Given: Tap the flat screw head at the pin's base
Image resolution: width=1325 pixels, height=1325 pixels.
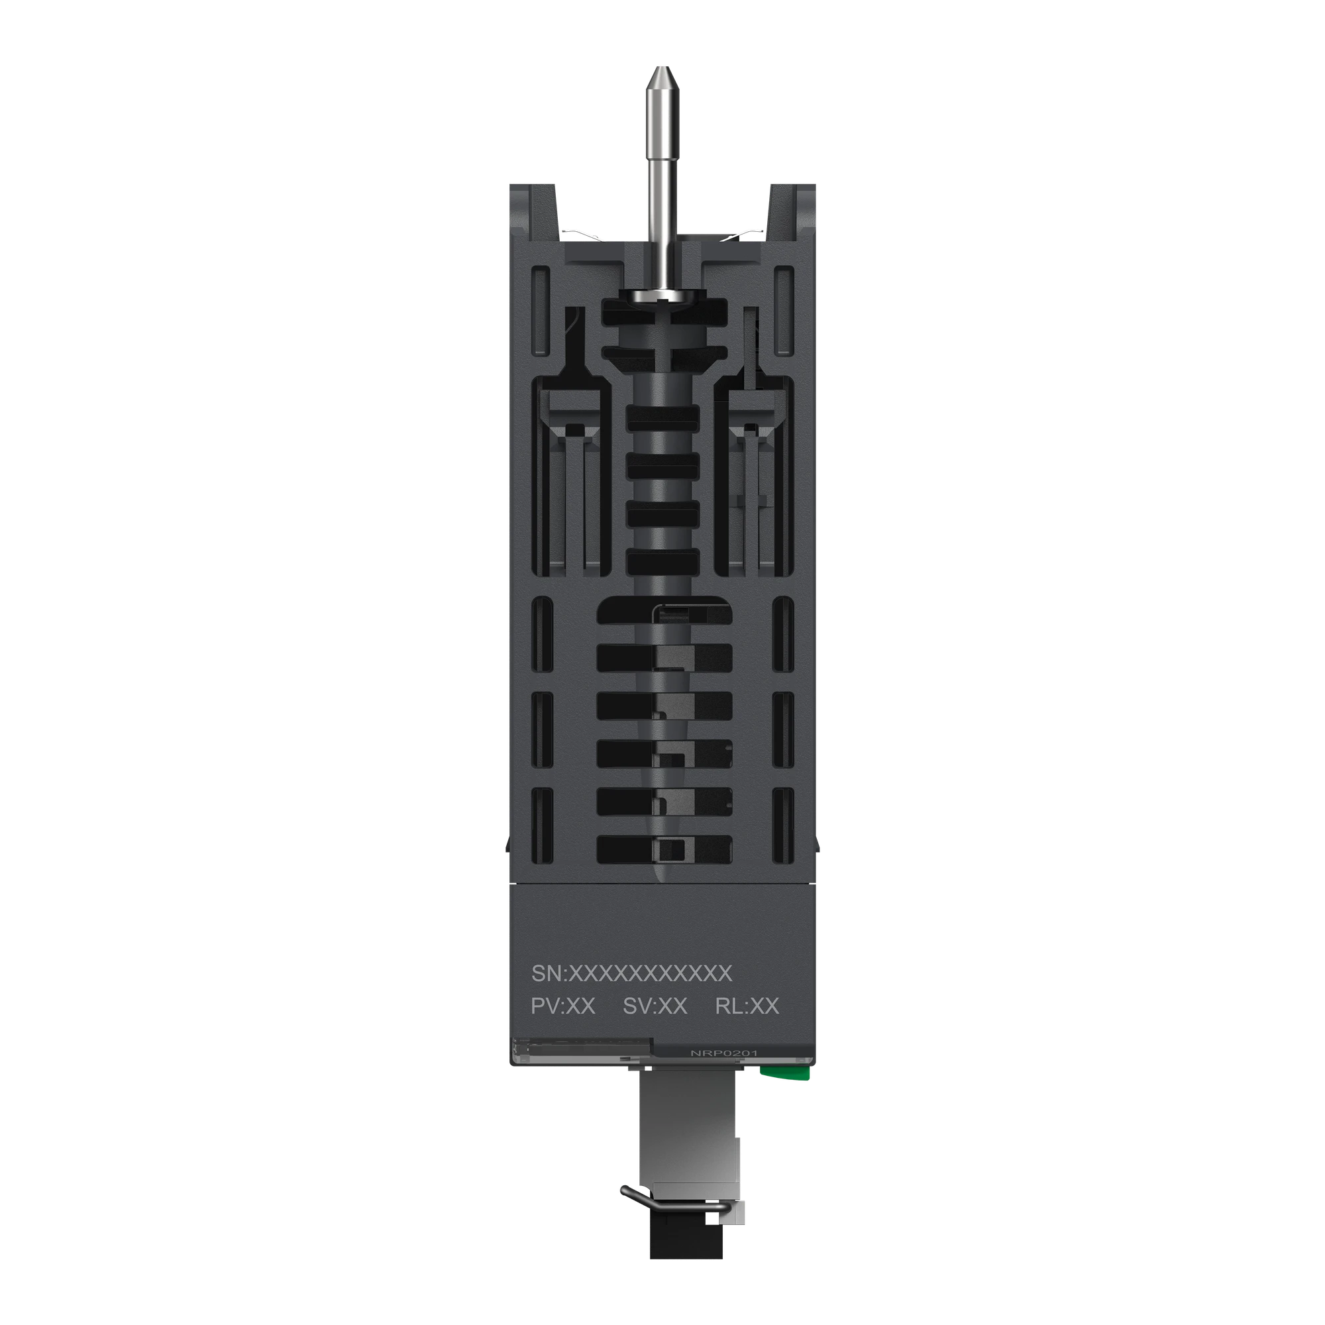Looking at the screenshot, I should tap(662, 295).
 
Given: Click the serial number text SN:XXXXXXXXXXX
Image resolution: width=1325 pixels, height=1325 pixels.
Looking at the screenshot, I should tap(631, 973).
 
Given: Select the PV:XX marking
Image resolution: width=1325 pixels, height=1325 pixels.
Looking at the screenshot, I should tap(563, 1006).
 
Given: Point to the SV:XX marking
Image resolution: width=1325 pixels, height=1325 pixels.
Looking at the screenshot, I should tap(655, 1006).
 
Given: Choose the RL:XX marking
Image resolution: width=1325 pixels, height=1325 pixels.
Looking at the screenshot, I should tap(747, 1006).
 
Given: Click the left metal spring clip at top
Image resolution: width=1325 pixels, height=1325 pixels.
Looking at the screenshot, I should tap(583, 236).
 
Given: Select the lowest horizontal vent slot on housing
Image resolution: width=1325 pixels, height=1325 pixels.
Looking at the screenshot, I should tap(664, 849).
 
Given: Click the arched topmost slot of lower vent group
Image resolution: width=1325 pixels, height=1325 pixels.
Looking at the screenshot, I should tap(664, 609).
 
